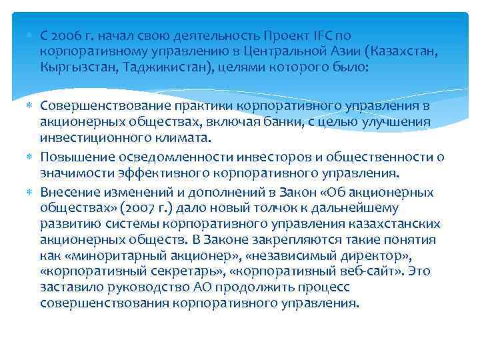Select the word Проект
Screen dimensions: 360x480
point(283,35)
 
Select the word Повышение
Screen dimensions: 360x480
point(73,157)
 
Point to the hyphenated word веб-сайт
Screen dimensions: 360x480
point(384,271)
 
